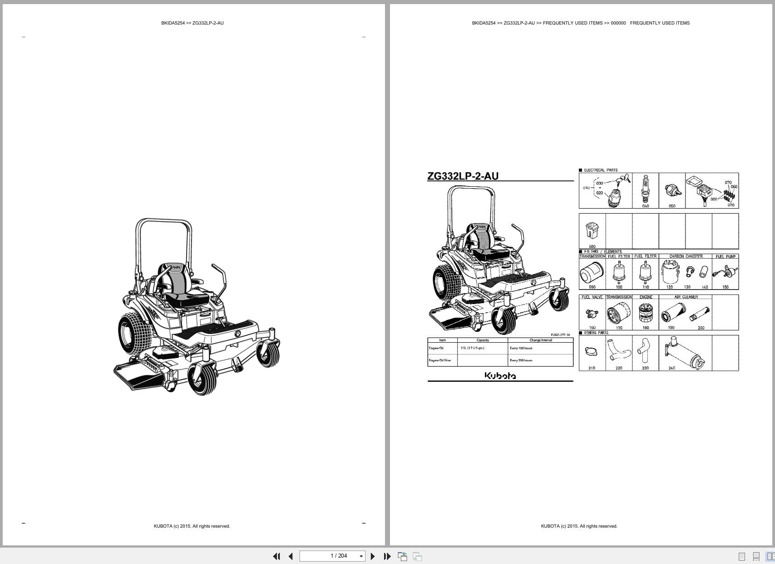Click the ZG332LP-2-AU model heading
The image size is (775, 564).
463,176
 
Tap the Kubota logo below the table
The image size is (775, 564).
500,376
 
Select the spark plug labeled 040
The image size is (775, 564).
645,189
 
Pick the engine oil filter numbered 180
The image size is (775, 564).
645,313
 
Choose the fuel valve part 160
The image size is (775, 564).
592,313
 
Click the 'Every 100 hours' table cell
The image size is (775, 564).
521,348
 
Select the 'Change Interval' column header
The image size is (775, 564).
540,340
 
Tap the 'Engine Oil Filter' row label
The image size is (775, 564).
440,360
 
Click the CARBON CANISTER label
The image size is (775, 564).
686,256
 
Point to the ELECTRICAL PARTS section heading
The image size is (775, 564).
600,170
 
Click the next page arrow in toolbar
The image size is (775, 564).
373,556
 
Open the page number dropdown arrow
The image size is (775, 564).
361,556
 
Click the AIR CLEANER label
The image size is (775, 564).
686,297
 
